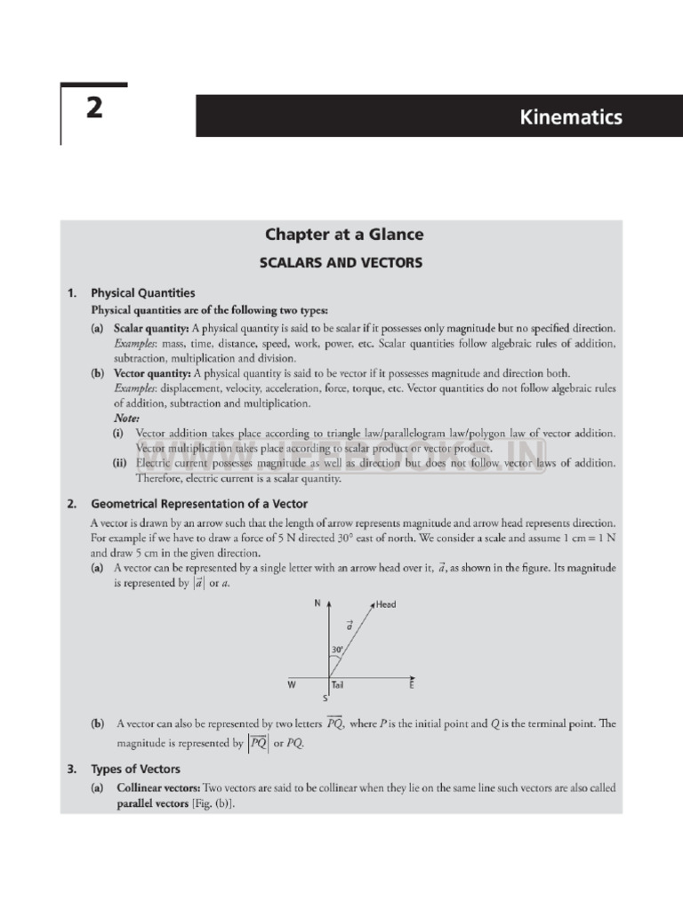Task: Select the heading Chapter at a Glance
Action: click(x=343, y=235)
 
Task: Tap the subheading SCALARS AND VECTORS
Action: click(x=340, y=263)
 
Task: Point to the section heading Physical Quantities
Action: click(x=143, y=292)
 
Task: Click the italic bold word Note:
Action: click(x=126, y=418)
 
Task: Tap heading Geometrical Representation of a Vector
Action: click(x=199, y=504)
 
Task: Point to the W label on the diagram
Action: click(x=291, y=685)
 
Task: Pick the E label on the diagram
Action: click(x=411, y=685)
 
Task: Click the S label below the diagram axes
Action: click(x=325, y=698)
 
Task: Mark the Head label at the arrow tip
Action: click(x=386, y=604)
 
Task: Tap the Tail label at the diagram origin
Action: click(x=338, y=685)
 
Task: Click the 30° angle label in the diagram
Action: click(x=337, y=650)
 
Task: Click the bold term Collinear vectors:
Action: click(x=157, y=788)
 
